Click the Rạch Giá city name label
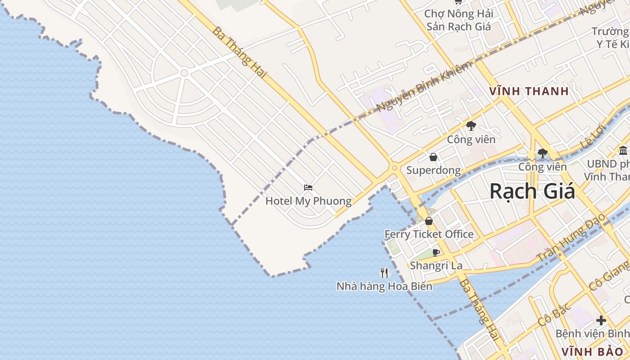(532, 191)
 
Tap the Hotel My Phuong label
(308, 201)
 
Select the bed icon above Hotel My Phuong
(308, 188)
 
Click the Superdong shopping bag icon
(433, 157)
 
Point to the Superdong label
(433, 170)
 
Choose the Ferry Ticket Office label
(429, 234)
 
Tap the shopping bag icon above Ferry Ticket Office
(428, 221)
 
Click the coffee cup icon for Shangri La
(436, 252)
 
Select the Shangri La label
(436, 265)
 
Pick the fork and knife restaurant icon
(384, 273)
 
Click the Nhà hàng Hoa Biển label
(384, 286)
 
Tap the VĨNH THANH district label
(529, 91)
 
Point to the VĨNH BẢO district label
(592, 351)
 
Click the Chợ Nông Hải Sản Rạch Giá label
(459, 20)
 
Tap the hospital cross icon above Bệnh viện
(601, 320)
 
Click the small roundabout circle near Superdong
(395, 168)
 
